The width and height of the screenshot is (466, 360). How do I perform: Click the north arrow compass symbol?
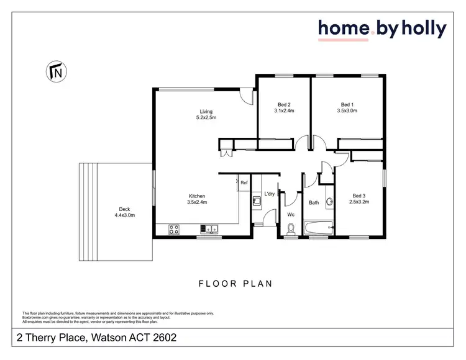[x=55, y=72]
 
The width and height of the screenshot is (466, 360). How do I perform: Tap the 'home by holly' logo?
[x=381, y=29]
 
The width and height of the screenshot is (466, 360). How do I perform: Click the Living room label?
[x=206, y=112]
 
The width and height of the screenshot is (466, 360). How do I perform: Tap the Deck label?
[x=124, y=209]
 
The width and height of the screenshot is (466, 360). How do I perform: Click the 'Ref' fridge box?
[x=244, y=183]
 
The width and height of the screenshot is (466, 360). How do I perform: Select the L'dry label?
[x=270, y=194]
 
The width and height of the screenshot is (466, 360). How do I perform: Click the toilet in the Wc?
[x=290, y=230]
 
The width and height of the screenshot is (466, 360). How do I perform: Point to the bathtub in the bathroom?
[x=319, y=228]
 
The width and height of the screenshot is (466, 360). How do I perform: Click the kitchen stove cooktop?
[x=173, y=229]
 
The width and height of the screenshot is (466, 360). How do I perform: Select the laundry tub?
[x=256, y=200]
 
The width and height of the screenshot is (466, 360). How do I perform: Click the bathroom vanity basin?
[x=331, y=200]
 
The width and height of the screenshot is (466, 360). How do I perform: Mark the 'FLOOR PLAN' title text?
[x=235, y=284]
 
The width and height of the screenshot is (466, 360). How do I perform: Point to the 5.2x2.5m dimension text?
[x=206, y=118]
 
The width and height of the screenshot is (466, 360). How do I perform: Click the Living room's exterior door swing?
[x=247, y=96]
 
